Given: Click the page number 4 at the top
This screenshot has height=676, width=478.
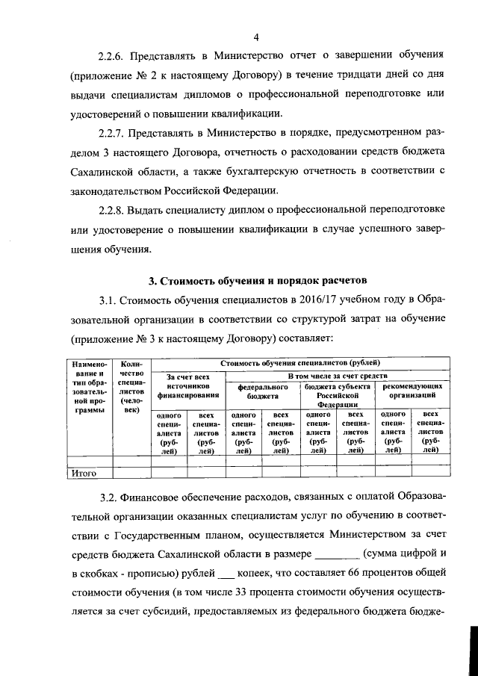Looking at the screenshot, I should [x=255, y=37].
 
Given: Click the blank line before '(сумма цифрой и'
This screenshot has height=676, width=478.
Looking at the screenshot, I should [x=338, y=553].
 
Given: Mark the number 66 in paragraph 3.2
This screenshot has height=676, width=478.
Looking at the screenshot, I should [x=356, y=573].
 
